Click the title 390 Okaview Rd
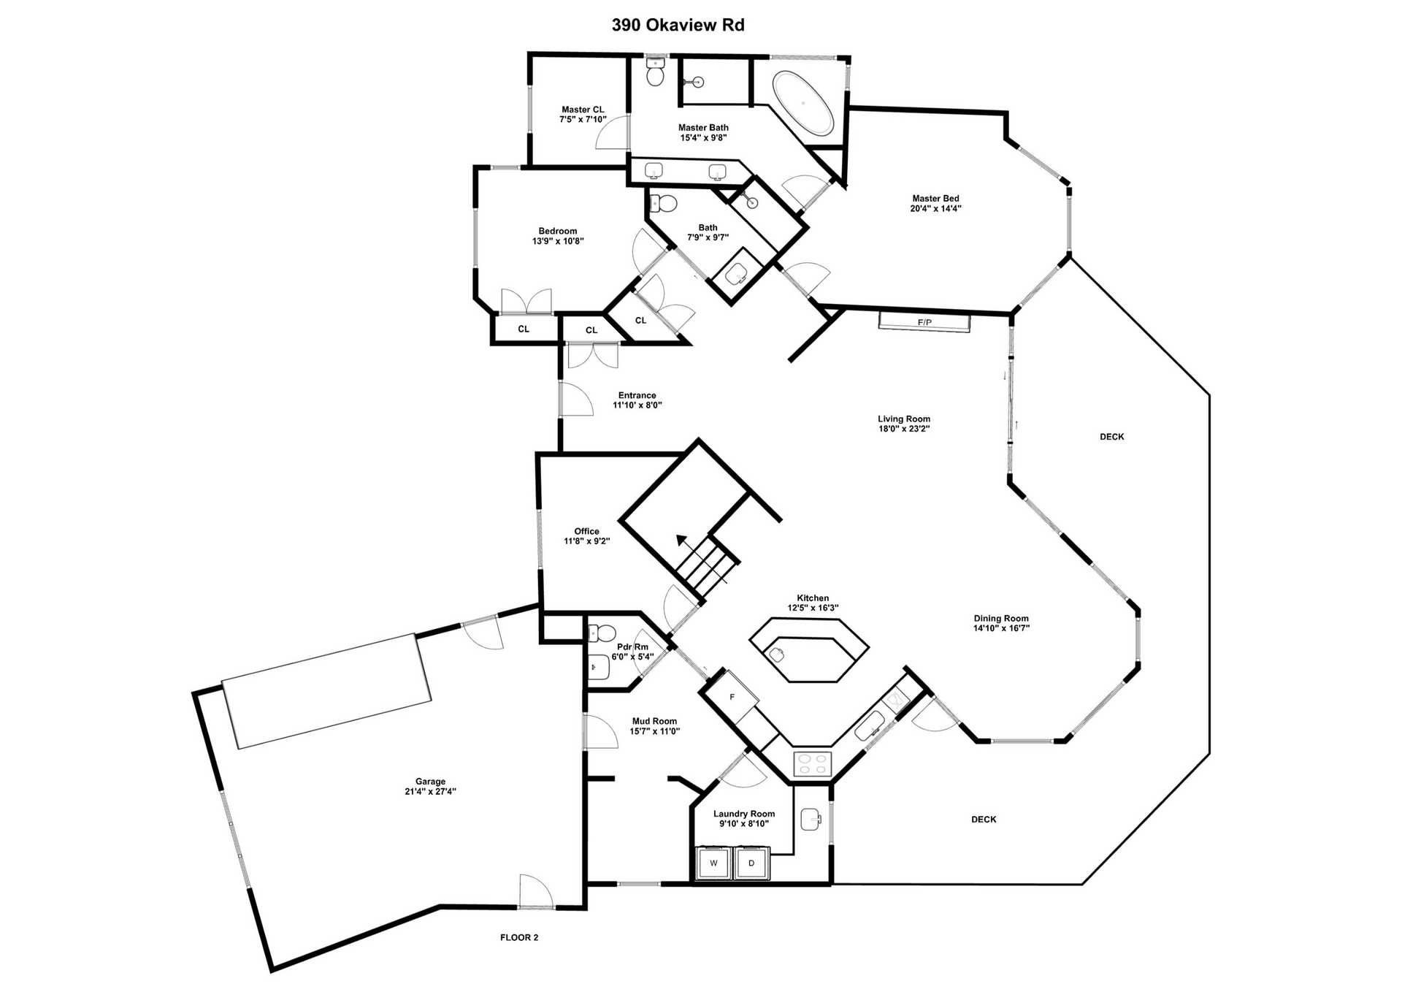click(678, 26)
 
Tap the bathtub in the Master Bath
click(802, 103)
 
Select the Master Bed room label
click(935, 198)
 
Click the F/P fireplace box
click(924, 322)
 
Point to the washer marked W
click(713, 863)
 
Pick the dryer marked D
click(751, 863)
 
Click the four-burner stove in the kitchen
click(813, 764)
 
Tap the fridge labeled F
click(732, 697)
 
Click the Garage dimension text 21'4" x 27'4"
click(430, 791)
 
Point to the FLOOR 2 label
click(519, 937)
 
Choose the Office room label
click(586, 531)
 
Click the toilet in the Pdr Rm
click(604, 633)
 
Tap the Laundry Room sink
click(811, 819)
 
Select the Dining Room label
click(1000, 618)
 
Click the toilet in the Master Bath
click(655, 74)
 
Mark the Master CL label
click(583, 110)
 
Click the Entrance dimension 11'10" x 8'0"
click(637, 405)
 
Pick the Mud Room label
click(654, 721)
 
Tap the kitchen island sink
click(777, 655)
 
